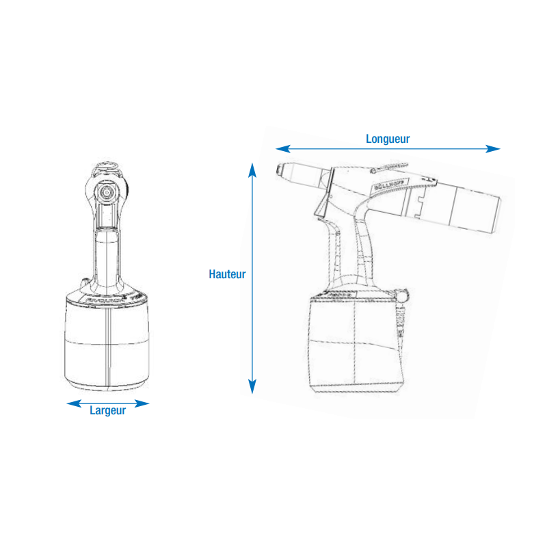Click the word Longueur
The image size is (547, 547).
click(x=388, y=138)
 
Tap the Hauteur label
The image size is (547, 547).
click(x=227, y=274)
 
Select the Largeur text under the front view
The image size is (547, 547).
click(x=107, y=411)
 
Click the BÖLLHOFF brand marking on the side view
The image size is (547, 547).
click(x=388, y=187)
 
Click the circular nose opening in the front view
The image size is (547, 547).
click(x=106, y=194)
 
